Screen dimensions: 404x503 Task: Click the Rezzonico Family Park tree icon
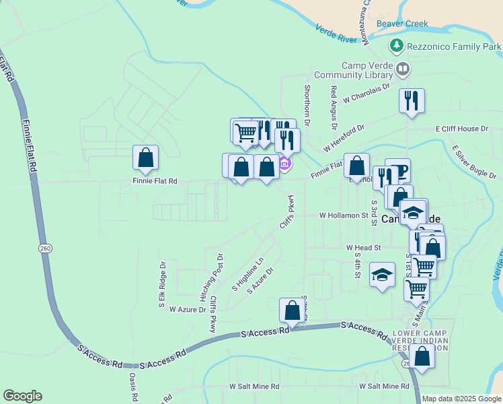pos(397,46)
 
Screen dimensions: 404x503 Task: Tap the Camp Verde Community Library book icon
pos(403,69)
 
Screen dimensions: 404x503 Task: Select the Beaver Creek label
pos(402,24)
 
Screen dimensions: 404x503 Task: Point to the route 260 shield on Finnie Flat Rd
pos(45,248)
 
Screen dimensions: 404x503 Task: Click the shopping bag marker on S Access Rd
pos(292,310)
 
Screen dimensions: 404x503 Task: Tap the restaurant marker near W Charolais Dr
pos(412,100)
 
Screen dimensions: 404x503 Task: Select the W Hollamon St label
pos(344,216)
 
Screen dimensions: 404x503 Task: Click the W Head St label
pos(363,248)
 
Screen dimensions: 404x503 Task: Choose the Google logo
pos(22,396)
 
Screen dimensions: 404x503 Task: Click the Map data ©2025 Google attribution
pos(461,399)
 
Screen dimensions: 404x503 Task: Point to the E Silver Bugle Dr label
pos(474,162)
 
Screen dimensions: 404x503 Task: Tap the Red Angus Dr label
pos(334,106)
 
